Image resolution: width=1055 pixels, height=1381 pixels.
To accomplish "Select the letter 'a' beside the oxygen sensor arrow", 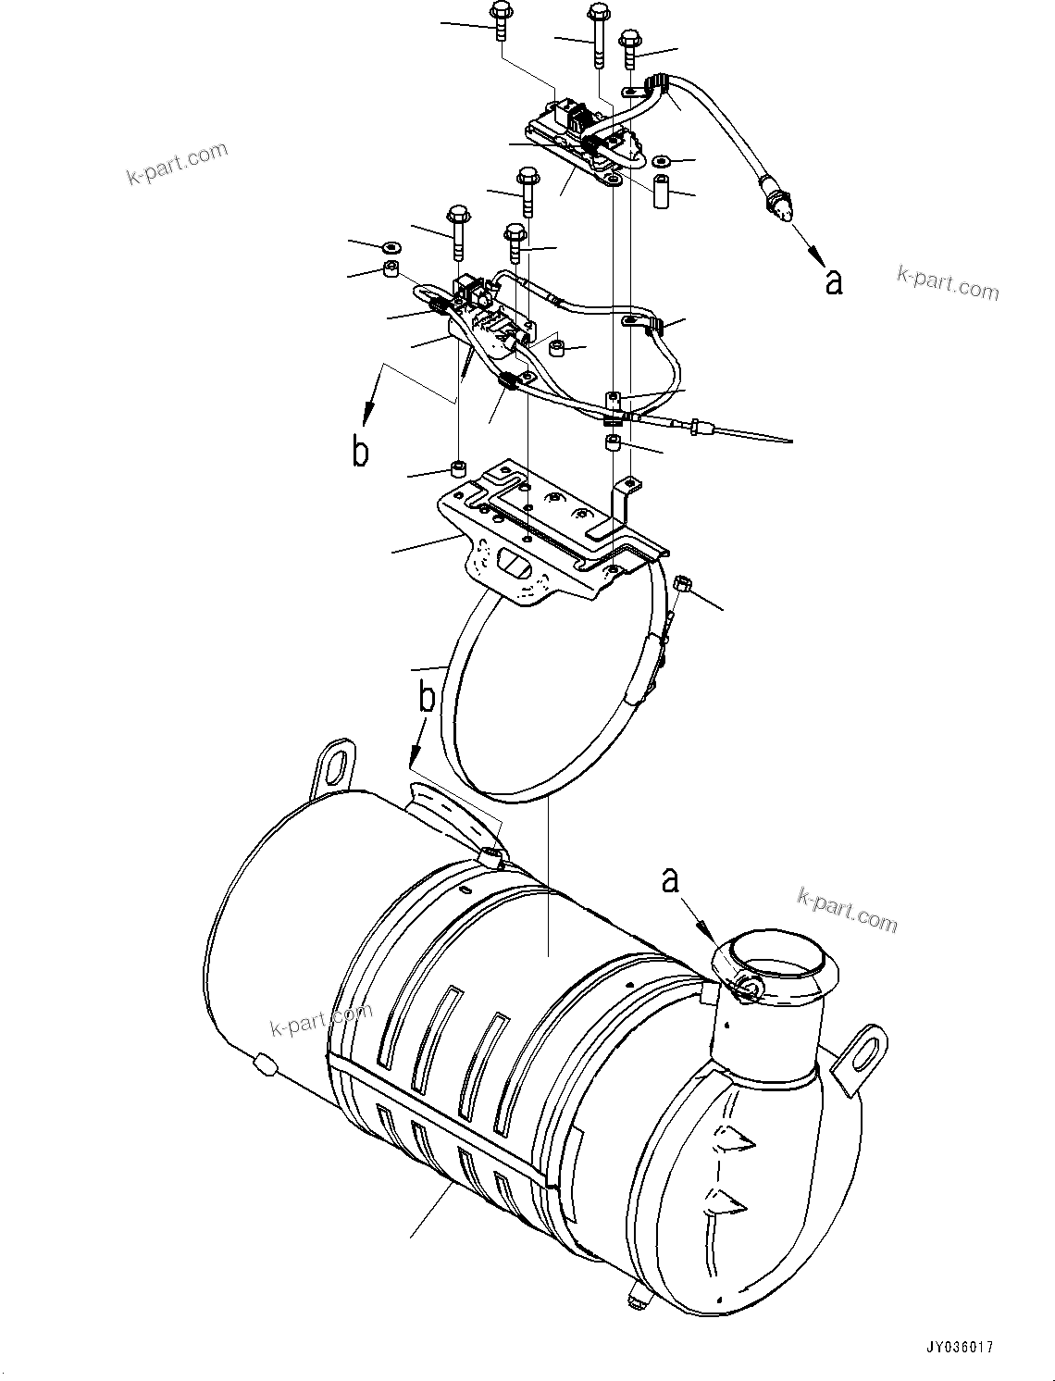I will click(834, 282).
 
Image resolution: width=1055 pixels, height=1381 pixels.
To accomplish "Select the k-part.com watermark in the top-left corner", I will click(177, 164).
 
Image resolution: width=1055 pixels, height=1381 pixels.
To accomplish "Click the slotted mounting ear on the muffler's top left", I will click(332, 765).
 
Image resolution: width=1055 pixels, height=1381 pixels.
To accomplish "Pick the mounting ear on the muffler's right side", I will click(861, 1051).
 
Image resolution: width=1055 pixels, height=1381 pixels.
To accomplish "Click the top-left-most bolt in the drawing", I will click(501, 19).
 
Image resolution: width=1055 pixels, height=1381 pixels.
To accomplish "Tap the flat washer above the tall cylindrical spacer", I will click(662, 160).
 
